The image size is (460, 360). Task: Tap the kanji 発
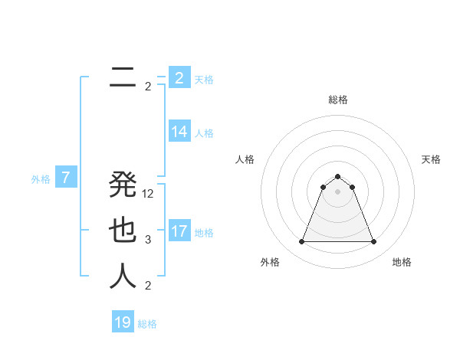[x=123, y=185]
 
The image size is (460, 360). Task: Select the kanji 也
[x=123, y=231]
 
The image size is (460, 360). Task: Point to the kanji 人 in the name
[x=123, y=277]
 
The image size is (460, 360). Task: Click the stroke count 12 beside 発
[x=148, y=194]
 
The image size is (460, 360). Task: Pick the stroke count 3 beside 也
[x=148, y=240]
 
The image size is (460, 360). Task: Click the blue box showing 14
[x=179, y=132]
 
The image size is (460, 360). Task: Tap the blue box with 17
[x=179, y=231]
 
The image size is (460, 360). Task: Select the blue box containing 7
[x=66, y=178]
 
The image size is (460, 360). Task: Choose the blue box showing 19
[x=123, y=322]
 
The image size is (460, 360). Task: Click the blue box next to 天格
[x=179, y=78]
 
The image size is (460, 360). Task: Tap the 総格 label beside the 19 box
[x=147, y=324]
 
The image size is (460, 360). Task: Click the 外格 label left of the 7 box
[x=41, y=180]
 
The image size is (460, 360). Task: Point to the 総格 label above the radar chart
[x=337, y=100]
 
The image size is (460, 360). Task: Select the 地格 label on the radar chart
[x=402, y=262]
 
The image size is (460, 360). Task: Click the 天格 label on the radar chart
[x=431, y=159]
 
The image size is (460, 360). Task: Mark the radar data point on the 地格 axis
[x=374, y=242]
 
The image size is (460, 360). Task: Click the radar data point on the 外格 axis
[x=301, y=242]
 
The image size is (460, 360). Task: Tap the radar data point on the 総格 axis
[x=337, y=177]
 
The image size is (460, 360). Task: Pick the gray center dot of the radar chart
[x=337, y=191]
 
